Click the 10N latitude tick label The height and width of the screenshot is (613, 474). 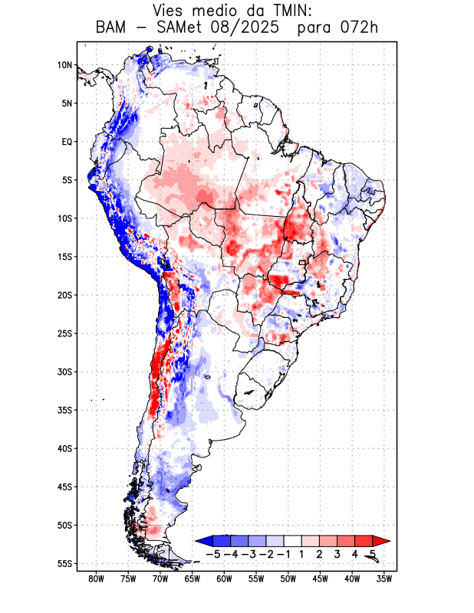tap(64, 65)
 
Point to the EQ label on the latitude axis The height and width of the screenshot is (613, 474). tap(67, 142)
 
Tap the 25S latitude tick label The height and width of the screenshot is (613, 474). tap(64, 333)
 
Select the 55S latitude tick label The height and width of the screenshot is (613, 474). tap(64, 563)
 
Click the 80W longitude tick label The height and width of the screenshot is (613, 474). tap(96, 579)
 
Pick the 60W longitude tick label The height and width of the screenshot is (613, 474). tap(225, 579)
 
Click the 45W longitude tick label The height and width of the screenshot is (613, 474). tap(321, 579)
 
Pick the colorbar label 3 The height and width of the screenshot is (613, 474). tap(337, 553)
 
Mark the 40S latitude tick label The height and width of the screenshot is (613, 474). tap(64, 448)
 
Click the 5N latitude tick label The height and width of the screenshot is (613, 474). tap(67, 103)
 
